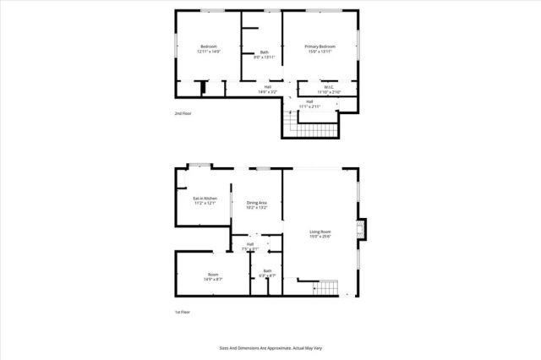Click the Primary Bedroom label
click(320, 46)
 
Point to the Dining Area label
click(257, 203)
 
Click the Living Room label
click(320, 232)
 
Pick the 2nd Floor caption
click(183, 113)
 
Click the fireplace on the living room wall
click(363, 230)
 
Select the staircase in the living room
click(327, 288)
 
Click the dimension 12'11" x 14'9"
click(209, 52)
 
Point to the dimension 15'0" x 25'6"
click(320, 237)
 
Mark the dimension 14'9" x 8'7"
click(212, 279)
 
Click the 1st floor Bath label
click(266, 270)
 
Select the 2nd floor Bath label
click(265, 52)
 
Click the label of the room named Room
click(212, 274)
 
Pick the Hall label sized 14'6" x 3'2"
click(268, 86)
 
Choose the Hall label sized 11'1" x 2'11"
click(310, 101)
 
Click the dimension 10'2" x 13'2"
click(257, 208)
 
